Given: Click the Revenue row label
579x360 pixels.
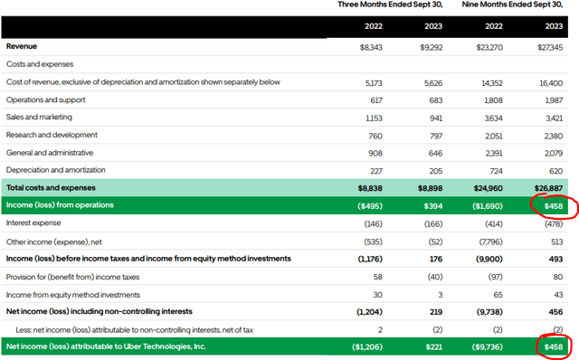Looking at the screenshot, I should point(23,46).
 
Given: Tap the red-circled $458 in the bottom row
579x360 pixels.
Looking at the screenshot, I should point(551,346).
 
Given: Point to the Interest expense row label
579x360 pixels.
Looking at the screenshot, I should point(34,222).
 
